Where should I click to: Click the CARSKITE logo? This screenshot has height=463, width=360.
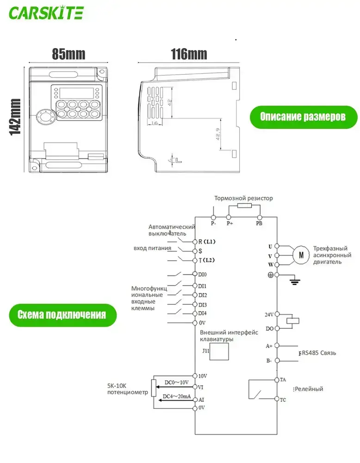click(46, 13)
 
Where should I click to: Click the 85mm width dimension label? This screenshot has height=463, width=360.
click(69, 54)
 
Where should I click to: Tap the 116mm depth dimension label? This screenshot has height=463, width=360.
click(189, 54)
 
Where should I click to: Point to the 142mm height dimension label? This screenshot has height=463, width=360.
click(15, 117)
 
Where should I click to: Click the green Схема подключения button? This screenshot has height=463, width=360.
click(62, 315)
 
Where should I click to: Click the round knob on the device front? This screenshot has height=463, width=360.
click(47, 117)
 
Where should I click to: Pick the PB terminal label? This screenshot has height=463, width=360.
click(259, 223)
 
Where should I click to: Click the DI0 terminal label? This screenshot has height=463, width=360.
click(202, 274)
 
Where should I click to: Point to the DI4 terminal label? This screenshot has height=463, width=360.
click(202, 313)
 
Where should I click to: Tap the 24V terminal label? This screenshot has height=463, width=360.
click(269, 314)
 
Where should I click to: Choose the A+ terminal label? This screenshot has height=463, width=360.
click(269, 346)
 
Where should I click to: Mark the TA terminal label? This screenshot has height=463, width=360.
click(283, 380)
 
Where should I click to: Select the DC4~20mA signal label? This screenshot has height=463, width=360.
click(176, 397)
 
